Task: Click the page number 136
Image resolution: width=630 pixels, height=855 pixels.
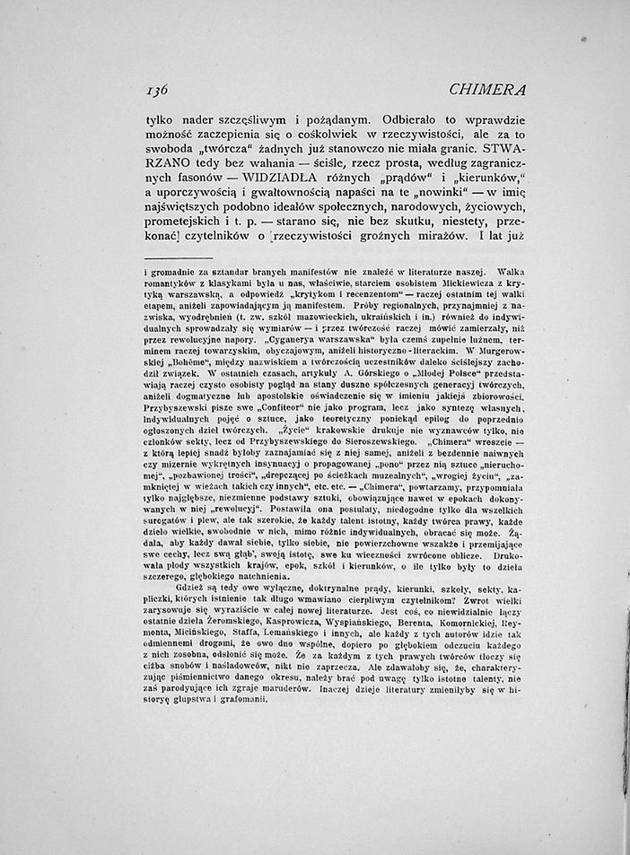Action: pos(158,90)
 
